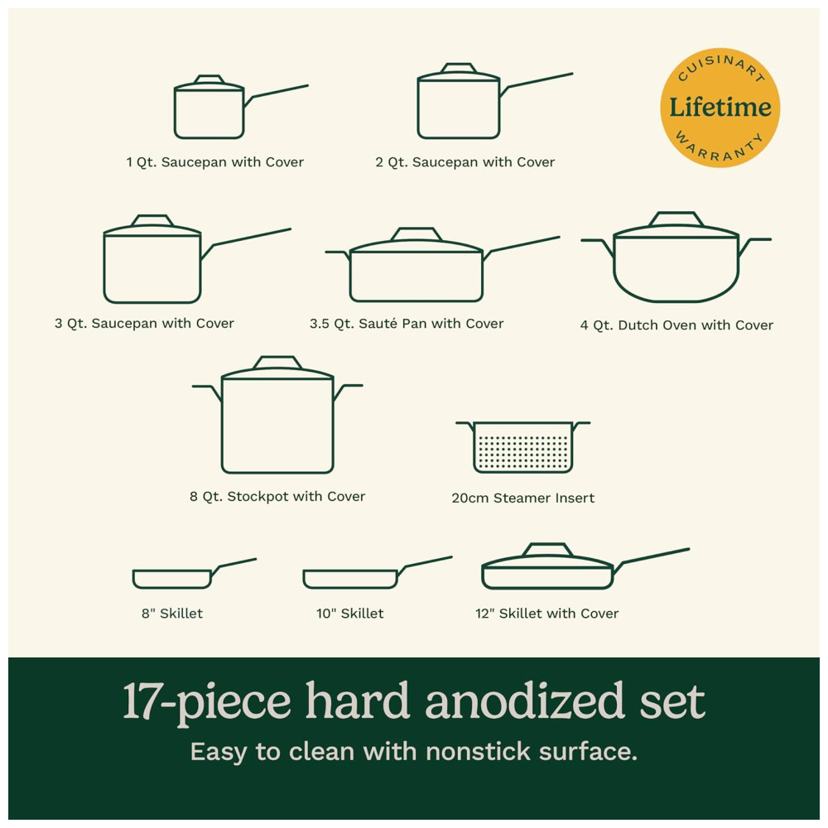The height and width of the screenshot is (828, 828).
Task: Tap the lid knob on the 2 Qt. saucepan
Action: (459, 68)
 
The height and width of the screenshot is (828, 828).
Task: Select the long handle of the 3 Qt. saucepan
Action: (246, 243)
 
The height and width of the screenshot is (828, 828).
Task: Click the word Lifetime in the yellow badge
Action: (720, 108)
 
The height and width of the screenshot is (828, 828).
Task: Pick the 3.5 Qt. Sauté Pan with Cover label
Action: (407, 323)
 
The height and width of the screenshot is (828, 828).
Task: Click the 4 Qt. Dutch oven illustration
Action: (676, 258)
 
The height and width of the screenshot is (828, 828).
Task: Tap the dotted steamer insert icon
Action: (522, 447)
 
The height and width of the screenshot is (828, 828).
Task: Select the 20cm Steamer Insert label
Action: (522, 498)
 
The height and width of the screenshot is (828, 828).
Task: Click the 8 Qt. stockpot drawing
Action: (277, 415)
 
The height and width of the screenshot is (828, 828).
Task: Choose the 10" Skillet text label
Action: (350, 613)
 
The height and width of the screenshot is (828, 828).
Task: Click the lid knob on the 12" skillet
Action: (547, 549)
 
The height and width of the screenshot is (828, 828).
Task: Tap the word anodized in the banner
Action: (526, 701)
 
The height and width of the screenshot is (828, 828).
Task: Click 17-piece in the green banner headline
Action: (206, 703)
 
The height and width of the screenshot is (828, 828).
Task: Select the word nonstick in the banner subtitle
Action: (478, 752)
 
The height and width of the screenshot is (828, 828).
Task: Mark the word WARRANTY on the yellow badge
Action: (720, 147)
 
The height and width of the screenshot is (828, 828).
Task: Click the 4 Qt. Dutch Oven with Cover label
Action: (676, 325)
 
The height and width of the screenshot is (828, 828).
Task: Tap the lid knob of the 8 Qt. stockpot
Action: (277, 363)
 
